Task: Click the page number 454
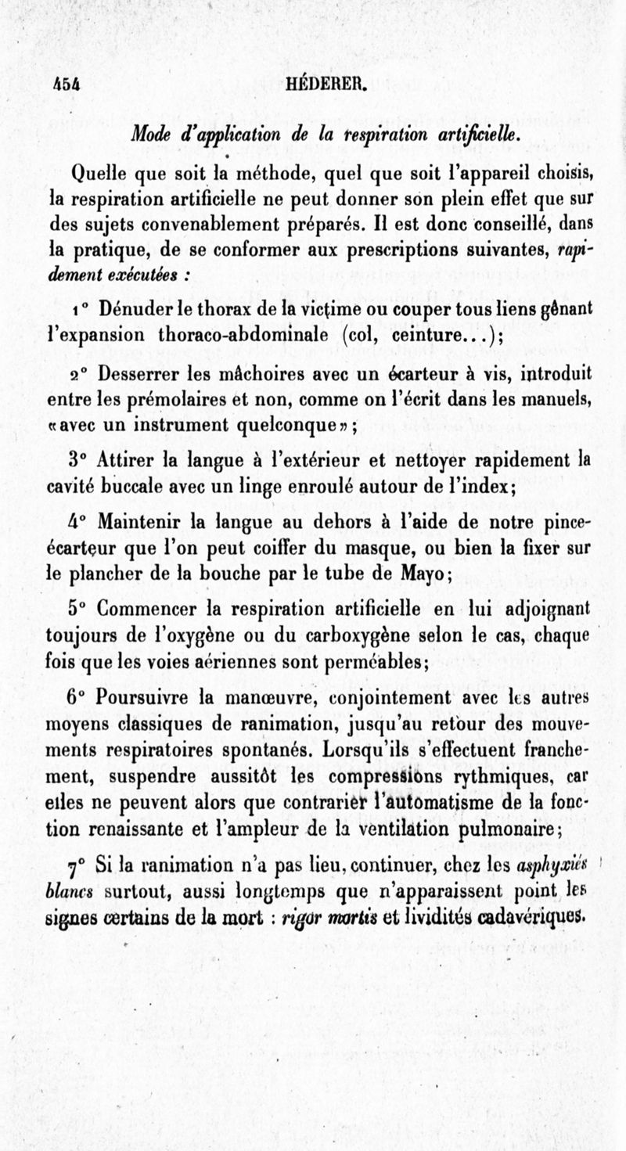click(x=68, y=85)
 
